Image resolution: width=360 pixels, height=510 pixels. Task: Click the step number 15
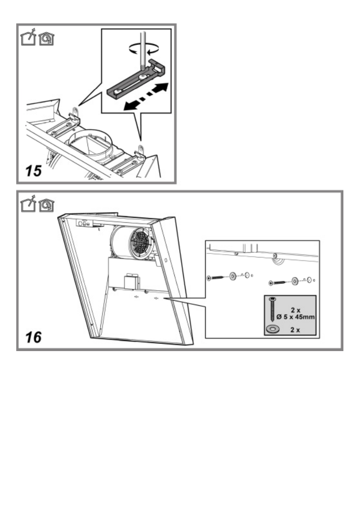pos(34,171)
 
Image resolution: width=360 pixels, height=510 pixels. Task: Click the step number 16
pos(34,337)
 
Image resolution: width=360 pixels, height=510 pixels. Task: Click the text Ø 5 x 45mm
pos(295,317)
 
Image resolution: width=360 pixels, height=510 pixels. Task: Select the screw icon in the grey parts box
pos(272,309)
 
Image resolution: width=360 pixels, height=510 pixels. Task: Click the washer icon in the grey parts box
pos(272,330)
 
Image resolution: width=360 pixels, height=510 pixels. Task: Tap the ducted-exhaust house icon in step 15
pos(28,37)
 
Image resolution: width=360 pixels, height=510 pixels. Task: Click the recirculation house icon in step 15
pos(46,39)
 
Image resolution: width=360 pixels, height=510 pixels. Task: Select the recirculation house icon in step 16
pos(46,205)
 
